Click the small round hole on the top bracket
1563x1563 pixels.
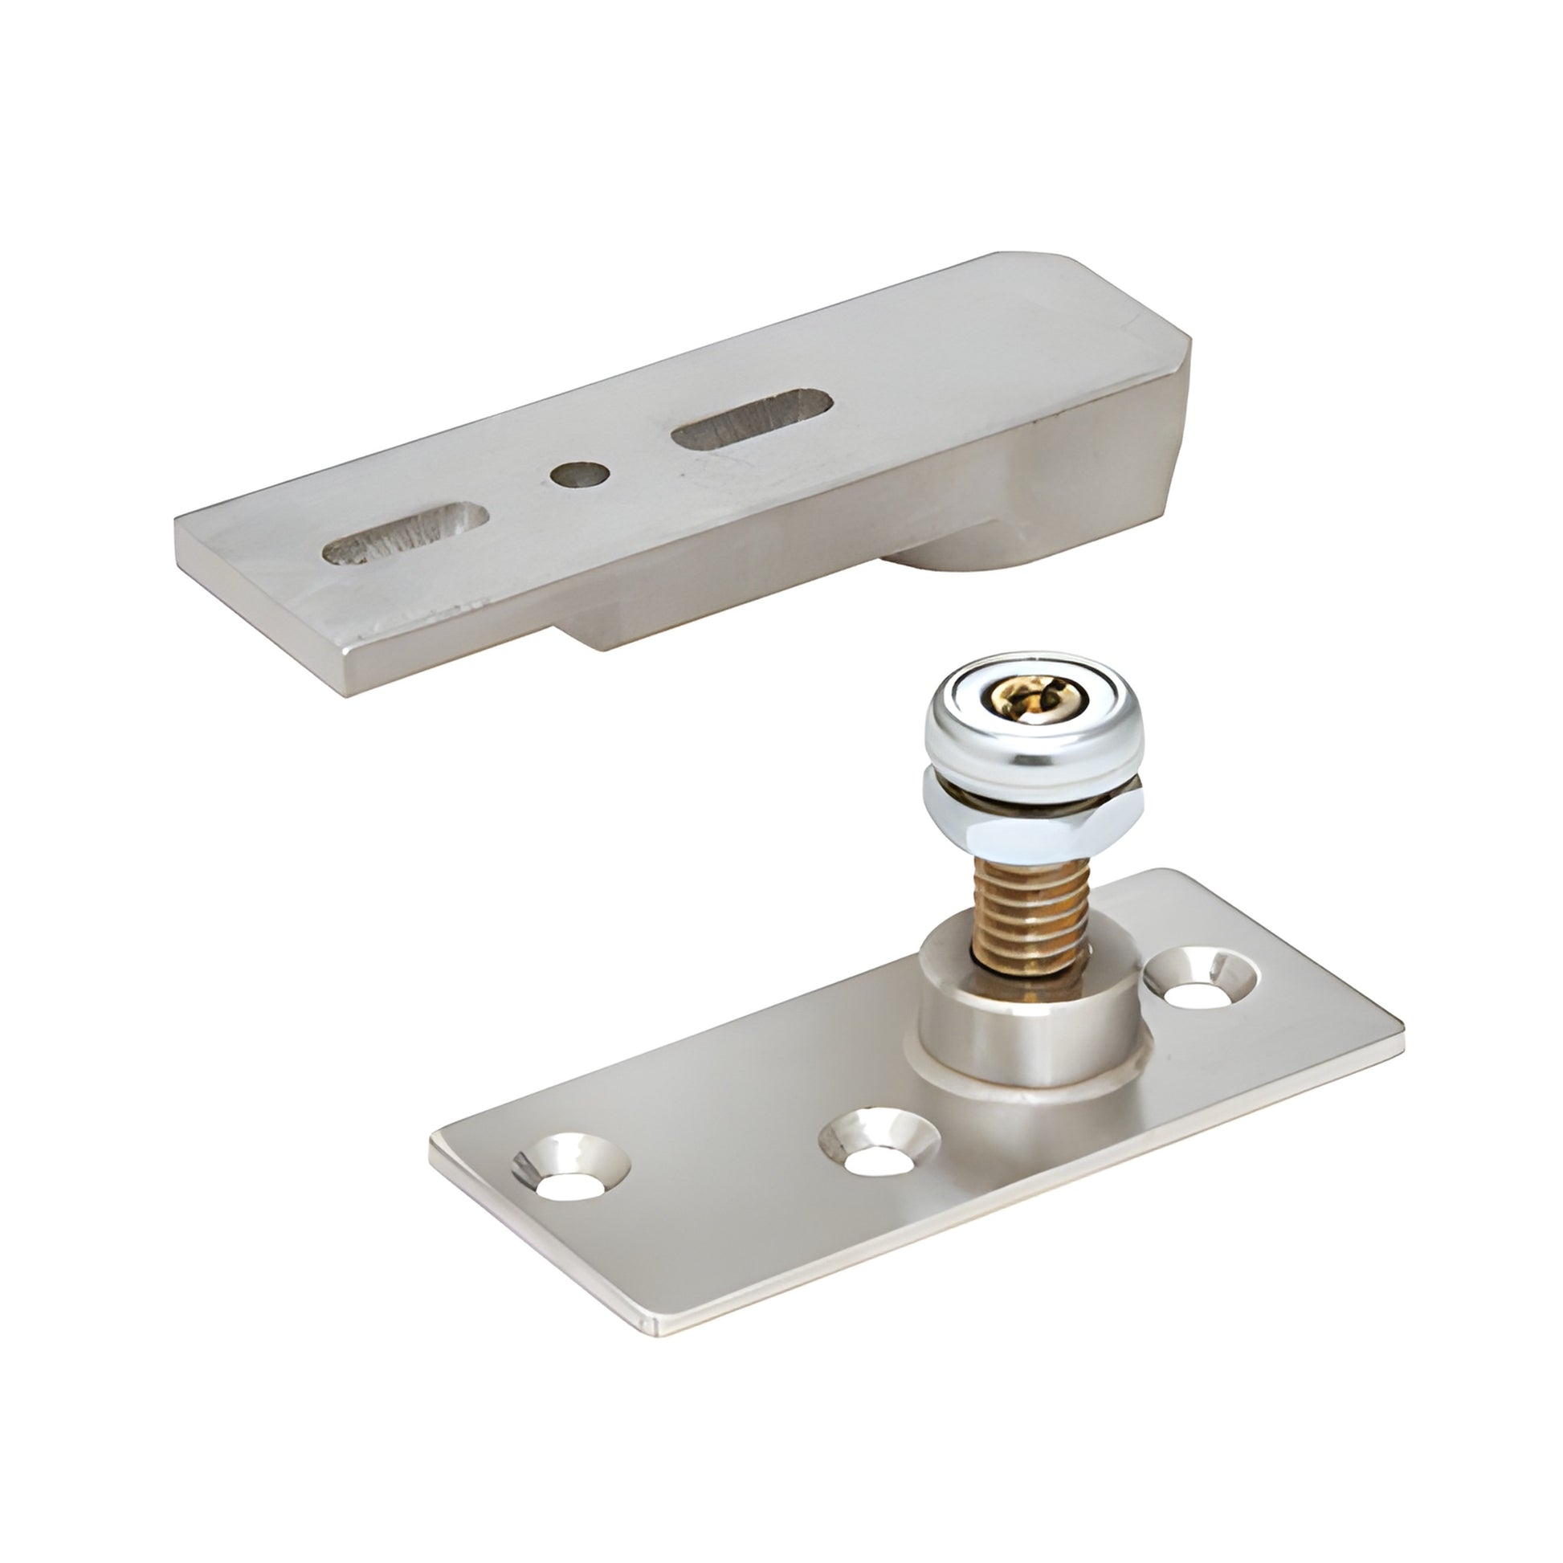[580, 475]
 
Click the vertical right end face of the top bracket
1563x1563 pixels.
[1180, 453]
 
